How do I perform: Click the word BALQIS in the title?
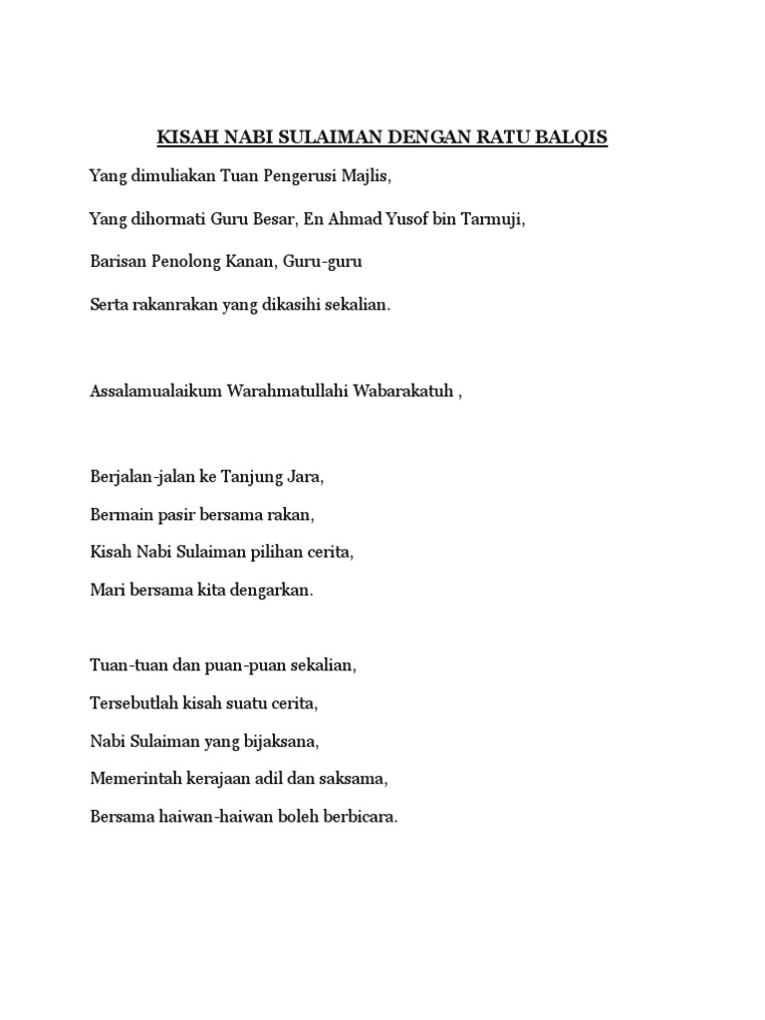(x=571, y=137)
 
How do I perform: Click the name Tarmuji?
(x=490, y=219)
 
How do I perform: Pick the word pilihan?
(x=282, y=552)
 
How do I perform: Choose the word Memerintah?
(x=134, y=779)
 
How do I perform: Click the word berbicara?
(x=363, y=817)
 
